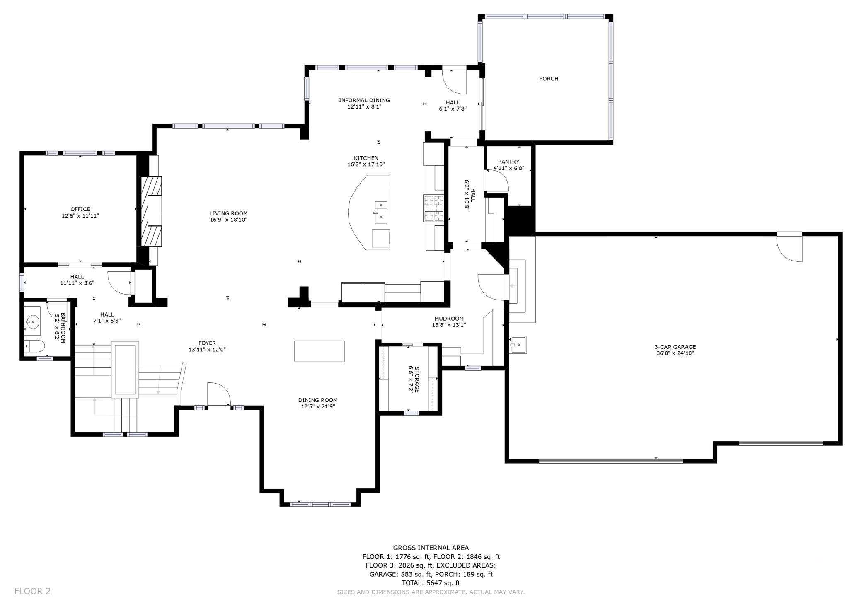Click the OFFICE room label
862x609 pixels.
point(80,209)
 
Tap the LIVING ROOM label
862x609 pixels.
point(228,213)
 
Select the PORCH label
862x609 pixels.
point(549,79)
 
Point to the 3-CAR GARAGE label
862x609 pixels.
point(675,347)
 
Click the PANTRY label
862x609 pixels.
point(509,162)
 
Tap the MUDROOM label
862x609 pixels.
point(449,319)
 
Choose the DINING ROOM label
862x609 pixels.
point(318,400)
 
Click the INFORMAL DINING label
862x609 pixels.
point(364,100)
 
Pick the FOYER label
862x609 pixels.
point(207,343)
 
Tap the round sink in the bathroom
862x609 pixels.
point(32,321)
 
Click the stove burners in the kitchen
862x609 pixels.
point(433,208)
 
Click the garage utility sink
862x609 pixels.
point(518,345)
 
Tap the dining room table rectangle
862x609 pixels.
point(320,351)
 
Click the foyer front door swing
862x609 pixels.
point(219,394)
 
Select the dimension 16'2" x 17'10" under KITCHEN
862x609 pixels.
point(366,164)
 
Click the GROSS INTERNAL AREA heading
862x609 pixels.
point(431,548)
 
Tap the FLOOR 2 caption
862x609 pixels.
point(32,591)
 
